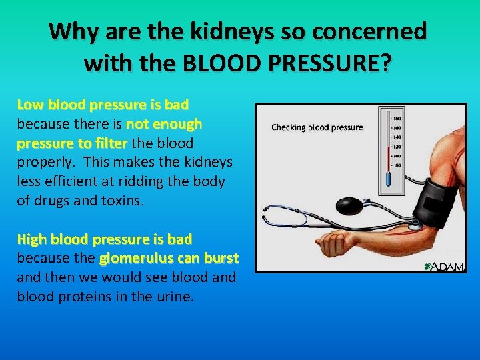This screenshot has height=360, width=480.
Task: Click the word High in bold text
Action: click(31, 239)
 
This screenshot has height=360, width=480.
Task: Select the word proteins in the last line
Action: click(88, 297)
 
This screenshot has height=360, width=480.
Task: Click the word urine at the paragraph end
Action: click(174, 297)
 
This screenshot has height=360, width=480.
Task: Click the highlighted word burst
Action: click(221, 258)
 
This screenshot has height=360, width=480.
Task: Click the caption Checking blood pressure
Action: click(317, 127)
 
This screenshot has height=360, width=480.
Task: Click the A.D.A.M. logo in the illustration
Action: click(443, 266)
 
